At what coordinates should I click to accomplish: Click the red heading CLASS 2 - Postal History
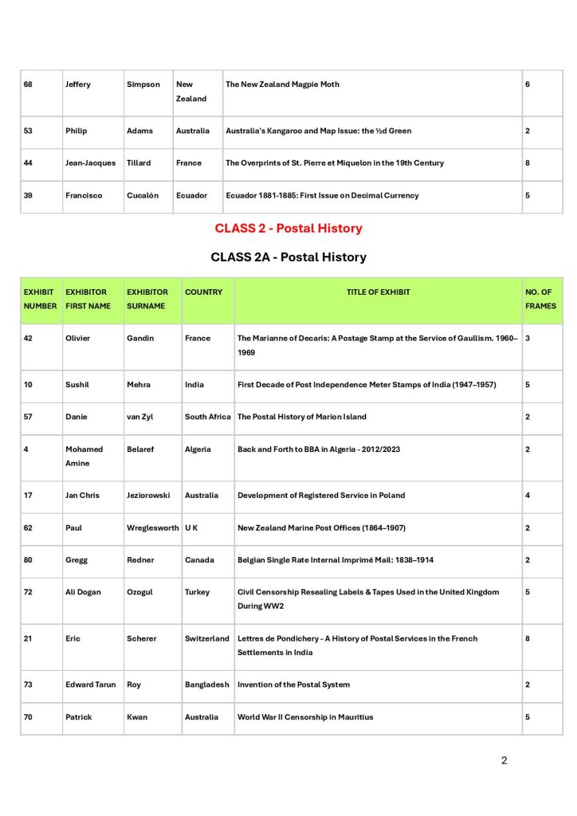[x=288, y=229]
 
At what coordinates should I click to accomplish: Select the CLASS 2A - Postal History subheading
[x=288, y=257]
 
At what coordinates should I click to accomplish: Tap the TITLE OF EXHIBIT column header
[x=378, y=292]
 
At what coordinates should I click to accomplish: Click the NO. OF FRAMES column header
[x=540, y=299]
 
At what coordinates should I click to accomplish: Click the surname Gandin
[x=142, y=339]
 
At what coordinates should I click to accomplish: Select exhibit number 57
[x=29, y=417]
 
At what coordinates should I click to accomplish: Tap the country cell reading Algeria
[x=198, y=449]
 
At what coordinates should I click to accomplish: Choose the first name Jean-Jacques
[x=90, y=163]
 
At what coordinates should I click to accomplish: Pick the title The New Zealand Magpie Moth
[x=282, y=84]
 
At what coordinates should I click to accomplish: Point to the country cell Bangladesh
[x=207, y=685]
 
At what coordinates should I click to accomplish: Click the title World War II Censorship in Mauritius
[x=305, y=717]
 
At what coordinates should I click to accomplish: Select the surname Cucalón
[x=144, y=195]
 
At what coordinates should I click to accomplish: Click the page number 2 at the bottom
[x=504, y=760]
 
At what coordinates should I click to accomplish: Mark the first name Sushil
[x=77, y=385]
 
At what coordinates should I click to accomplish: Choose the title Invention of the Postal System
[x=293, y=685]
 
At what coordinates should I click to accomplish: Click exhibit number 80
[x=29, y=559]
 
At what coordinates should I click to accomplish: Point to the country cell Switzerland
[x=207, y=638]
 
